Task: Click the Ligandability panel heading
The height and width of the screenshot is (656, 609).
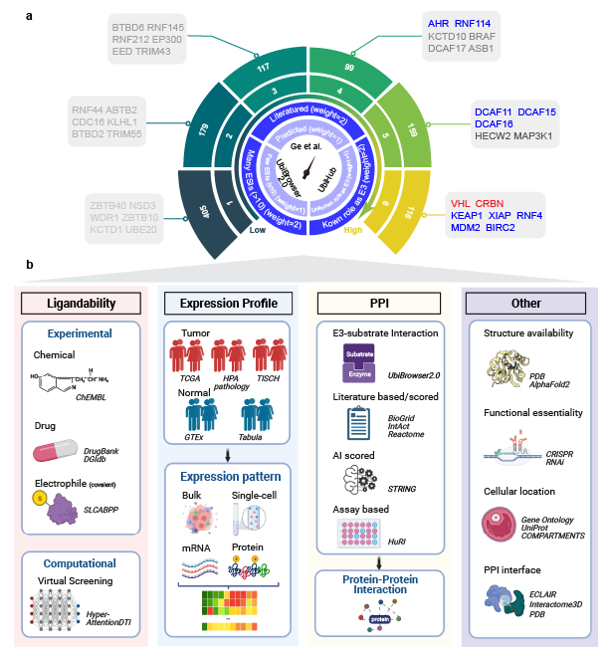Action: click(x=82, y=303)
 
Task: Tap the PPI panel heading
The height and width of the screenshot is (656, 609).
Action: click(x=379, y=303)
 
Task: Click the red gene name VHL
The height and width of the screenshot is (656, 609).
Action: click(x=461, y=202)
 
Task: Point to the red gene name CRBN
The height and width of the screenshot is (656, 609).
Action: click(x=490, y=202)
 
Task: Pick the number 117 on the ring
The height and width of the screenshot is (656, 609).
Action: click(x=265, y=68)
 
